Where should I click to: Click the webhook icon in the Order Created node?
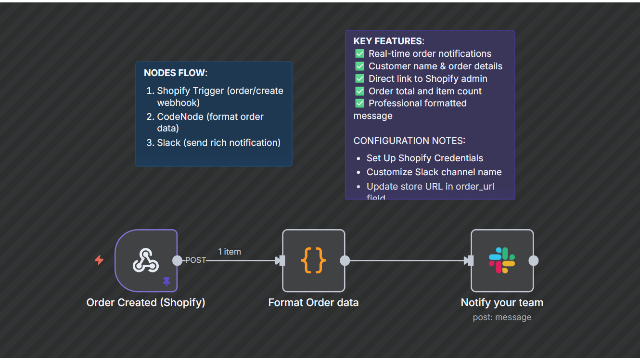point(145,260)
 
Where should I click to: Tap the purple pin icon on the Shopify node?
point(166,282)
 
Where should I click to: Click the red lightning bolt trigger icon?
point(99,260)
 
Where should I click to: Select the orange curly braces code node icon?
point(313,260)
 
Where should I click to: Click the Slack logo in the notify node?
point(502,260)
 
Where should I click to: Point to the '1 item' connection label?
point(229,252)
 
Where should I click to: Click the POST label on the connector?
point(195,260)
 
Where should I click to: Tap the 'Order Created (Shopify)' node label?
point(146,303)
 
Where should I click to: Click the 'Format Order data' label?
point(313,303)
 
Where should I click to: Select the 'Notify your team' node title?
point(502,303)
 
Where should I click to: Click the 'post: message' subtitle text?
point(502,317)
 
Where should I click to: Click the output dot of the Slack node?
point(533,260)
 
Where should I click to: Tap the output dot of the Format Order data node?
point(345,260)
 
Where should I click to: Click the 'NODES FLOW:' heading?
point(176,73)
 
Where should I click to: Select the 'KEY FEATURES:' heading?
point(389,41)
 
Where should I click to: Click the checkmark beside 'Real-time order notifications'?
point(359,53)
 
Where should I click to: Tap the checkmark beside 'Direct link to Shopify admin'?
point(359,78)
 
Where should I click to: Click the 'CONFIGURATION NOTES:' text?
point(409,141)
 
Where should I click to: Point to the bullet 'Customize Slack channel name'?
point(434,172)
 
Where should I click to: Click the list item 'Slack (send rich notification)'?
point(218,143)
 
